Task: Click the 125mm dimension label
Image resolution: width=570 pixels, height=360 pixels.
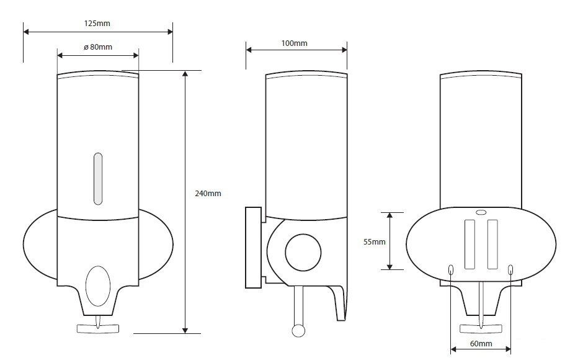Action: click(x=97, y=23)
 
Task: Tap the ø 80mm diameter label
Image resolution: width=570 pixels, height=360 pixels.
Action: click(x=98, y=47)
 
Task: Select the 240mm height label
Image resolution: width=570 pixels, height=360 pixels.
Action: click(x=208, y=194)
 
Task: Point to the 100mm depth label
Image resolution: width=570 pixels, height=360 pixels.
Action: click(x=295, y=43)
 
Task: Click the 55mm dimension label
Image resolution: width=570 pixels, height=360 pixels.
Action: click(x=375, y=242)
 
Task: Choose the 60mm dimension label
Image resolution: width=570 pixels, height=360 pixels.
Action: click(x=481, y=344)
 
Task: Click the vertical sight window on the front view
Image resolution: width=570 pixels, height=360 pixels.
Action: click(x=98, y=179)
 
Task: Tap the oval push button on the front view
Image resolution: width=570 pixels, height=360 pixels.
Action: click(x=98, y=286)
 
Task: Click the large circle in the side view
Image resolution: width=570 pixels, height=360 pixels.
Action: click(x=303, y=253)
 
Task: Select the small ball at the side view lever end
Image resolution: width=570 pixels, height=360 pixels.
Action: click(x=298, y=331)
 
